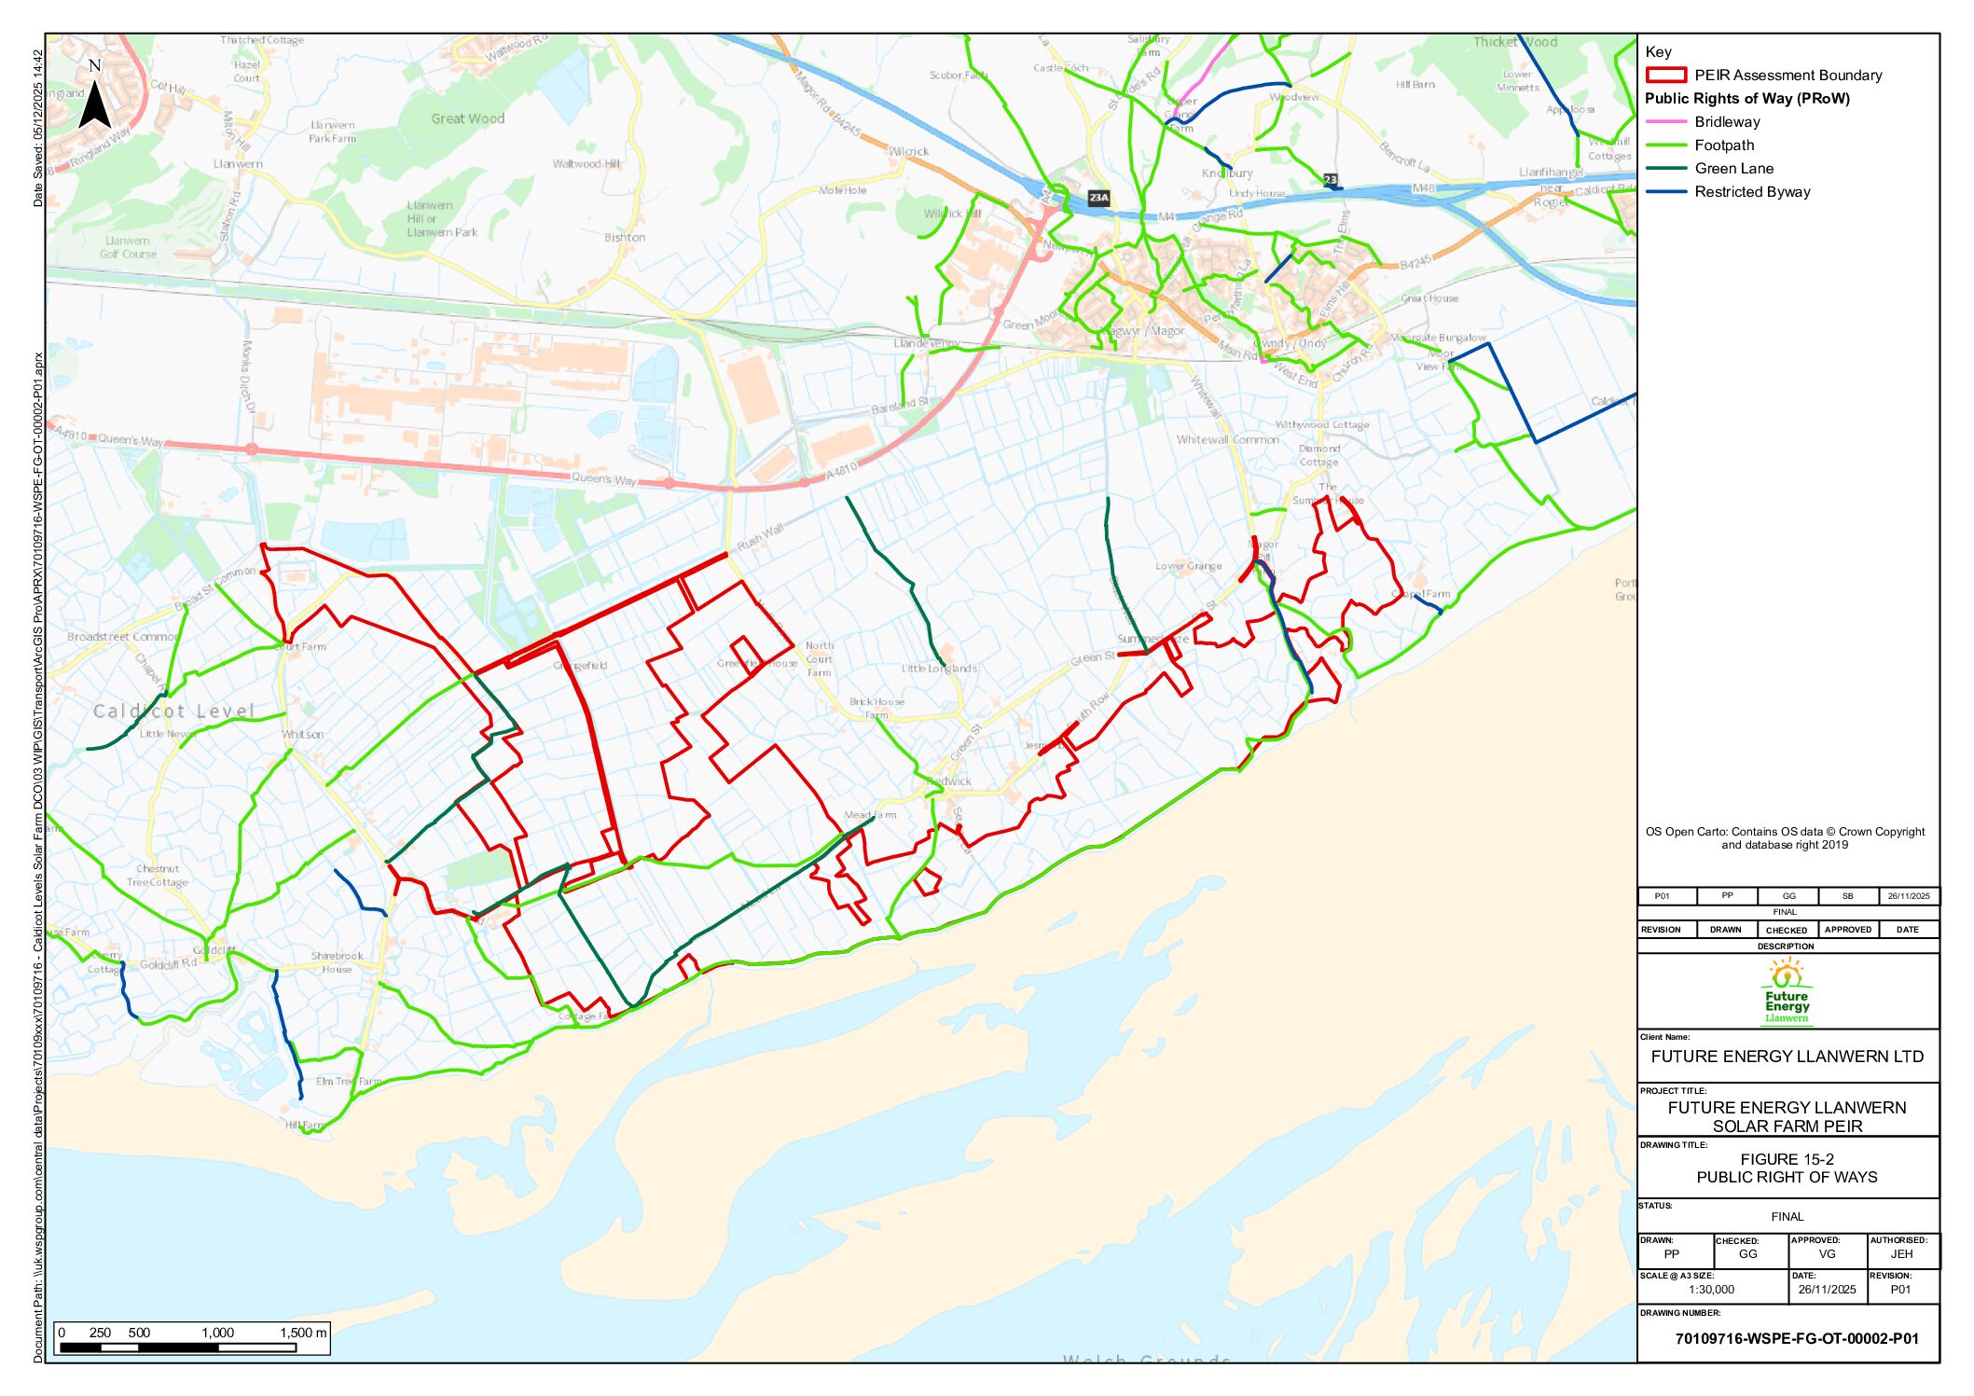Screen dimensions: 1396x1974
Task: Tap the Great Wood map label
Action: coord(467,118)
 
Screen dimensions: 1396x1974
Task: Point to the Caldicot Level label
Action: coord(173,712)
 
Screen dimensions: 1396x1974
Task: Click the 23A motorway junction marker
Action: coord(1099,198)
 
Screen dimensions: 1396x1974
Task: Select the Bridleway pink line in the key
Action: coord(1666,122)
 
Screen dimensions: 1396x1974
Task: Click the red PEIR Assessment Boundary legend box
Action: coord(1666,76)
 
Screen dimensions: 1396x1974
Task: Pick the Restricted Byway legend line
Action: coord(1666,192)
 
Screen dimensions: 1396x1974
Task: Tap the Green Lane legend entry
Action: coord(1733,169)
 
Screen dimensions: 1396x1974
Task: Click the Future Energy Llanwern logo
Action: coord(1787,991)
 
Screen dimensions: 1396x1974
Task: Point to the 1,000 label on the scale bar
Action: coord(218,1333)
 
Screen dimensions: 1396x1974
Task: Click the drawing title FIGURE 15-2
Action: coord(1787,1159)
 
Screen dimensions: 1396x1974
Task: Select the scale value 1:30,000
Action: coord(1711,1290)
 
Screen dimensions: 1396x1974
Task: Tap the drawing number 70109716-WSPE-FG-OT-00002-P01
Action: coord(1797,1338)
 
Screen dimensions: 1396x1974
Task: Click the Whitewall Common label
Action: coord(1227,439)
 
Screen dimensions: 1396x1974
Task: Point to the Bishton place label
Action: coord(625,238)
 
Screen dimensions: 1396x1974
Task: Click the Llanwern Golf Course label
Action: coord(129,247)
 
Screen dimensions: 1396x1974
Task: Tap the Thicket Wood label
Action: coord(1515,42)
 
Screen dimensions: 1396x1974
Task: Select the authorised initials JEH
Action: coord(1901,1254)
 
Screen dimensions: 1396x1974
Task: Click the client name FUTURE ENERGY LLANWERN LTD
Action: coord(1787,1057)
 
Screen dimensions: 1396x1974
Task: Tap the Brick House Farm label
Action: coord(877,708)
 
